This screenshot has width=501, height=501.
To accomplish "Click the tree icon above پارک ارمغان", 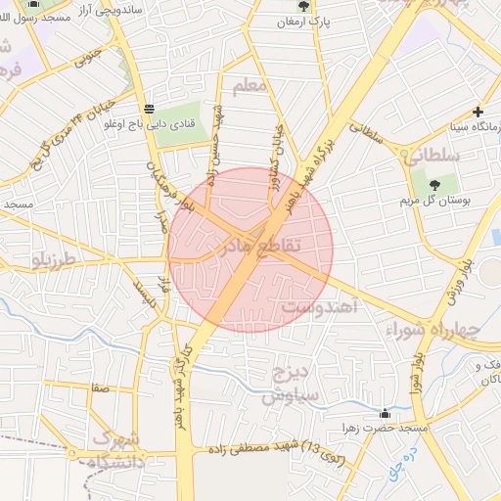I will point(302,5).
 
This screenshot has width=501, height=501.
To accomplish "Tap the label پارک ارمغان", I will point(302,21).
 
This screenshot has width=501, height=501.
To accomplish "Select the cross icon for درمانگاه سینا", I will point(478,112).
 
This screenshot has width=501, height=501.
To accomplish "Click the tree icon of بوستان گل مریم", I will point(434,185).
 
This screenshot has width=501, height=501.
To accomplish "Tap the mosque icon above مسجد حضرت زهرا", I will point(385,413).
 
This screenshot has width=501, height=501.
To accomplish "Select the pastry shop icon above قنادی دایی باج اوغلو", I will point(148,108).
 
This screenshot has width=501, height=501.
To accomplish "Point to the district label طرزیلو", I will point(53,261).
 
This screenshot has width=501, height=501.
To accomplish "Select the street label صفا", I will point(98,387).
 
